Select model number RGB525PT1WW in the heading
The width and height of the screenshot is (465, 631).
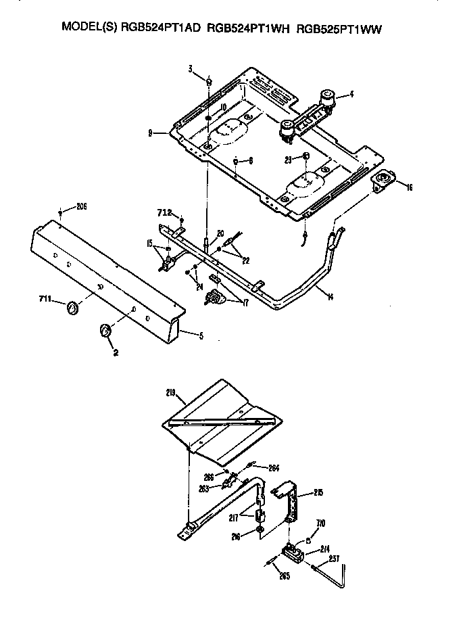(346, 28)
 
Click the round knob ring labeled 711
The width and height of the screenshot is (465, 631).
(72, 309)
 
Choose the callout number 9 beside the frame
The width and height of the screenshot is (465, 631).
(160, 133)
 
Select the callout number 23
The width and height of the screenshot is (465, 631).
(288, 160)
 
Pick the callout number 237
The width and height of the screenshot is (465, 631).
(334, 558)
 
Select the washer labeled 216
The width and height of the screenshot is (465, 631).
(260, 528)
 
